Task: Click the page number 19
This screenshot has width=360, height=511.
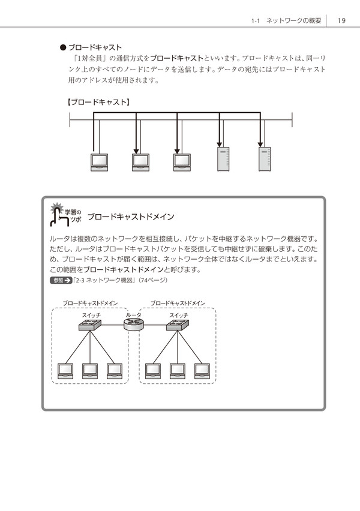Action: point(341,20)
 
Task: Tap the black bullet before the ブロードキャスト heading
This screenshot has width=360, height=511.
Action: point(62,47)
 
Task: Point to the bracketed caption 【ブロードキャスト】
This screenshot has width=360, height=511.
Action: point(98,103)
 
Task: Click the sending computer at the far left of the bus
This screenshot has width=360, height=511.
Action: point(98,163)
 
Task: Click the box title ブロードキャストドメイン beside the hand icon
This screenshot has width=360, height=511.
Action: point(130,217)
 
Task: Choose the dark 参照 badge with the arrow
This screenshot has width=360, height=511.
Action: point(61,280)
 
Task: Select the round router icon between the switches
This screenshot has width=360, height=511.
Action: point(133,325)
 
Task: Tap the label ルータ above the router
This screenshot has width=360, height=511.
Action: point(133,315)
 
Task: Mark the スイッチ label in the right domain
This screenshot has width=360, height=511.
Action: point(178,315)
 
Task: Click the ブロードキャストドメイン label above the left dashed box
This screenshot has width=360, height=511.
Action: point(90,303)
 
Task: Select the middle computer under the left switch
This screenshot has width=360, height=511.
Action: point(90,371)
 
